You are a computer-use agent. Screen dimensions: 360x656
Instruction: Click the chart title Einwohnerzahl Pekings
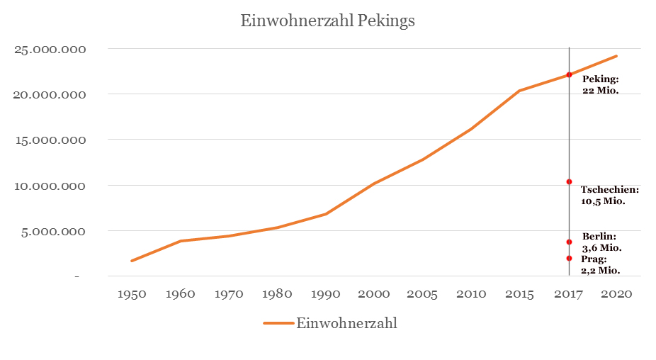point(327,21)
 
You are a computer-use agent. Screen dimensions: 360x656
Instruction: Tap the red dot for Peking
point(569,74)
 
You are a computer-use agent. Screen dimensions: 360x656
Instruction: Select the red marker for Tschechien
point(569,182)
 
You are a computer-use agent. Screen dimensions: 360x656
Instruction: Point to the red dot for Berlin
point(569,242)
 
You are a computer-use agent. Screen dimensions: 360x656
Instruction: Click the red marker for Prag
point(569,258)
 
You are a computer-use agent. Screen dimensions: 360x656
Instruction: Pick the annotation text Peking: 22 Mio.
point(601,85)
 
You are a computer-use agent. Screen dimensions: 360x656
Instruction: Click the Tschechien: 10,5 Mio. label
point(609,196)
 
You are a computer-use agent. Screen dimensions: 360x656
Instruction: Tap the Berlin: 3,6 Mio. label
point(601,242)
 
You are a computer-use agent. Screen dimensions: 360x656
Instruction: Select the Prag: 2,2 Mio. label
point(601,264)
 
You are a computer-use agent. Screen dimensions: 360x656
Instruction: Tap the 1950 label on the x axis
point(131,294)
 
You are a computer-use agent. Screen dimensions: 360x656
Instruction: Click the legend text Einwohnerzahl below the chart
point(346,323)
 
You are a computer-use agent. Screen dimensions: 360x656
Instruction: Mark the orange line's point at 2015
point(520,91)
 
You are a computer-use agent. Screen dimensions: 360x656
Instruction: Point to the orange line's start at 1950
point(131,261)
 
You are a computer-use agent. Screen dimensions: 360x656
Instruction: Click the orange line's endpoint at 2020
point(617,56)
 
